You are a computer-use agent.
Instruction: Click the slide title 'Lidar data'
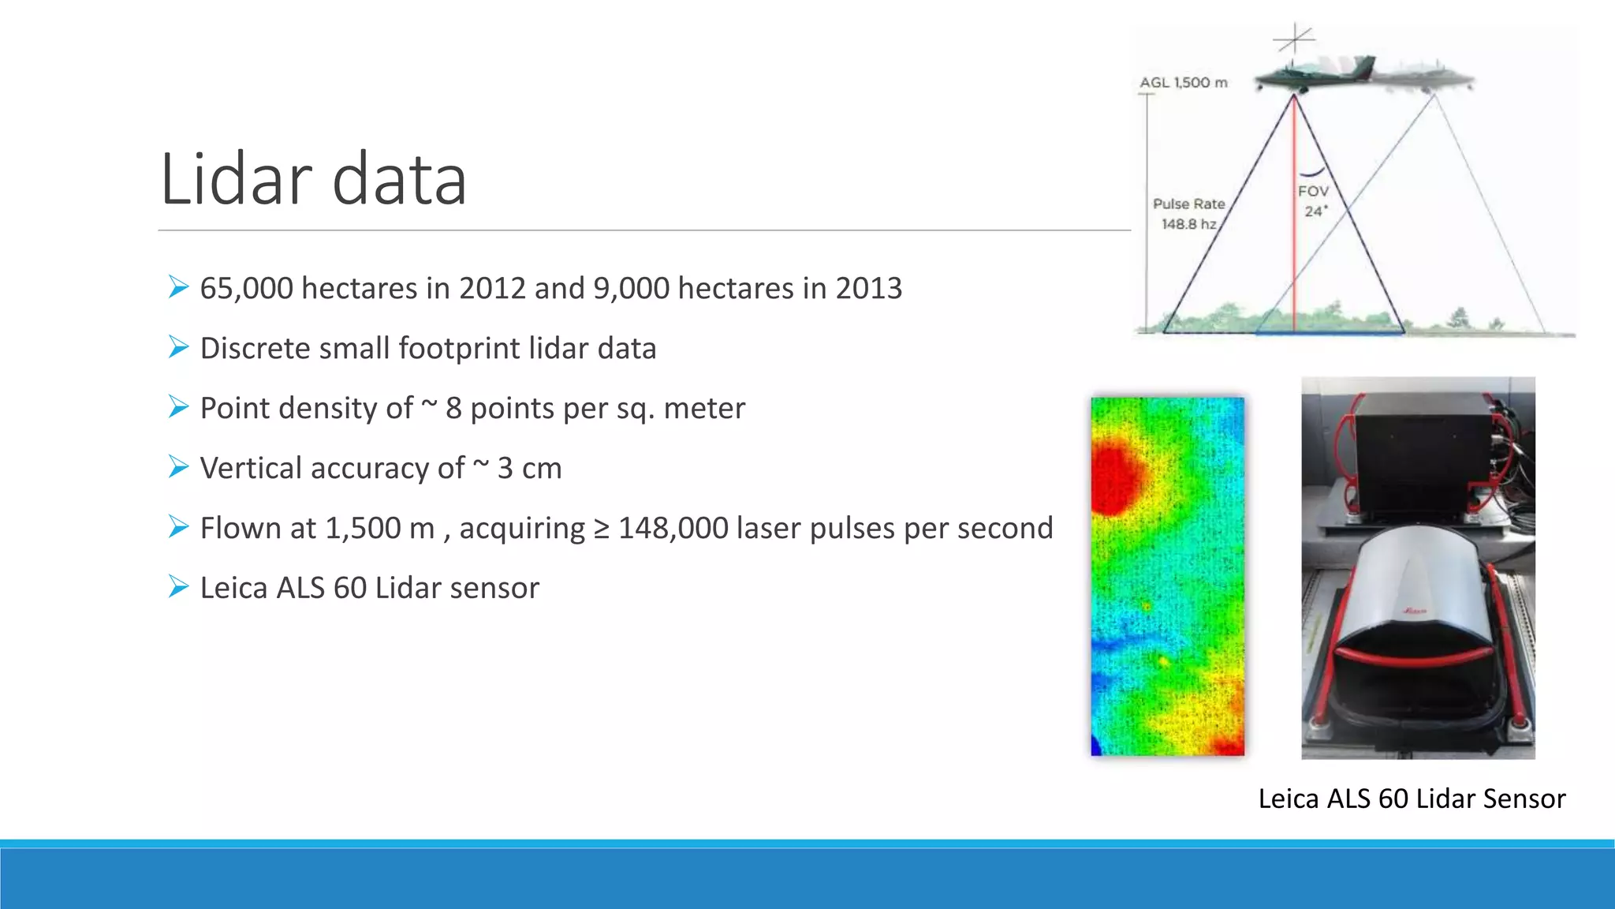[x=313, y=180]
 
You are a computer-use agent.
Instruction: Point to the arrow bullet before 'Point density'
[x=178, y=407]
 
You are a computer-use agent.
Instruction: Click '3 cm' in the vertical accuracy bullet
[x=529, y=468]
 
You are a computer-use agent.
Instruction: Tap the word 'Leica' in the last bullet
[x=233, y=588]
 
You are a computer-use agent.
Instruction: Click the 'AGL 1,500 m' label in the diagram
[x=1183, y=82]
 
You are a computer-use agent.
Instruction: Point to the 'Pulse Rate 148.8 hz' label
[x=1188, y=214]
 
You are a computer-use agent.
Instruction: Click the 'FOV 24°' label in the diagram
[x=1313, y=201]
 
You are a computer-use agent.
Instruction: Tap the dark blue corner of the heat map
[x=1095, y=746]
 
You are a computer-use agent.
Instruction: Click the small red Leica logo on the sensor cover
[x=1415, y=611]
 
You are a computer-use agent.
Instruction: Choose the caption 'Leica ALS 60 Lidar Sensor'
[x=1411, y=799]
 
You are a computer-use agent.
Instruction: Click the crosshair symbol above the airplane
[x=1295, y=38]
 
